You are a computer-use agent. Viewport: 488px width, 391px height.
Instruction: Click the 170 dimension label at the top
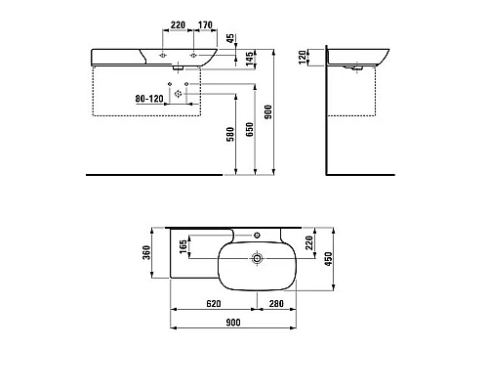click(205, 24)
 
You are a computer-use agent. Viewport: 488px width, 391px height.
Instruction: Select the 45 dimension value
click(230, 38)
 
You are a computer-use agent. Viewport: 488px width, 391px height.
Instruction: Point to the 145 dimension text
click(250, 59)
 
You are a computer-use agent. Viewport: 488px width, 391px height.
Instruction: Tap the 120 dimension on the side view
click(303, 57)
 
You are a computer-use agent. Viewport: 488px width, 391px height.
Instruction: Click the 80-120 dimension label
click(149, 99)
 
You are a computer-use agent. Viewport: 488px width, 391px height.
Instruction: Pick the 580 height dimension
click(230, 134)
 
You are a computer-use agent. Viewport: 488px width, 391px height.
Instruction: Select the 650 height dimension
click(250, 129)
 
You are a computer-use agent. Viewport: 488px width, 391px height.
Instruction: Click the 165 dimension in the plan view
click(183, 246)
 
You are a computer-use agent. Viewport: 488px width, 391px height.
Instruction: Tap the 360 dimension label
click(146, 252)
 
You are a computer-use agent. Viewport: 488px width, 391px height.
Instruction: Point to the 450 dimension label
click(329, 259)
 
